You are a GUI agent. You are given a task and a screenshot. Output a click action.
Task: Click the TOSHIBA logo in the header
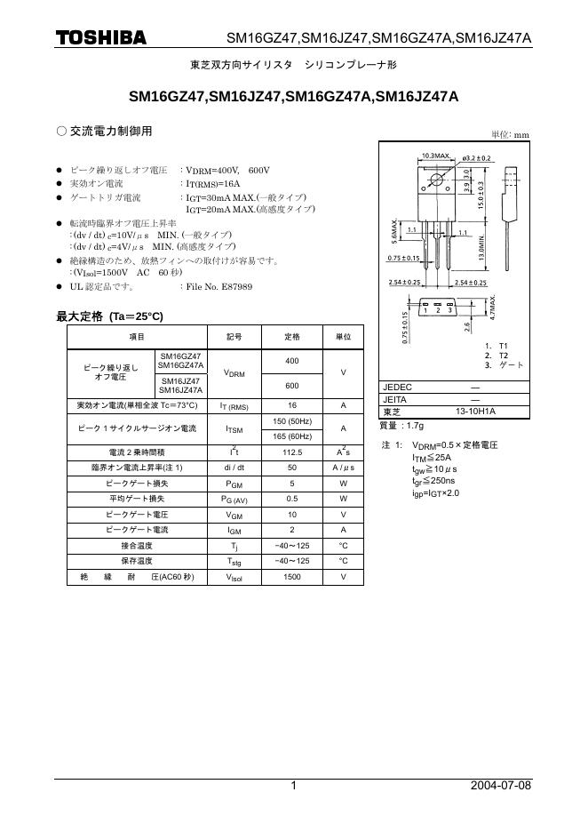point(101,37)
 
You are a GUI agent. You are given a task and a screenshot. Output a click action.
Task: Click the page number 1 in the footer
point(293,786)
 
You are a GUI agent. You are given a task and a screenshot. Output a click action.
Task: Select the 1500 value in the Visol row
point(292,577)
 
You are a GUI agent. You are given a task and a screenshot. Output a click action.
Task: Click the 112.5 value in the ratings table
point(292,452)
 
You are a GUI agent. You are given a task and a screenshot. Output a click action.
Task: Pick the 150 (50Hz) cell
point(292,420)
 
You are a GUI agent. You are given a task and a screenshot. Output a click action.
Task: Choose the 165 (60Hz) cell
point(292,436)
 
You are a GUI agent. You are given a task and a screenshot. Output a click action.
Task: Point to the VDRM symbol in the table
point(234,373)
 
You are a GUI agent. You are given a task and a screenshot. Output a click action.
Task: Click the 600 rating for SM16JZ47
point(292,386)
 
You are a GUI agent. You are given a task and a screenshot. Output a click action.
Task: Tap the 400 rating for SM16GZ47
point(292,361)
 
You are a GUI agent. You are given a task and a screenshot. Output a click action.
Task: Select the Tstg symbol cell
point(234,562)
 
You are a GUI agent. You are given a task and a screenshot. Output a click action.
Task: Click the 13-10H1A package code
point(476,412)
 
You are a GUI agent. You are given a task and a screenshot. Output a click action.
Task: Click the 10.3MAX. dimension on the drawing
point(435,156)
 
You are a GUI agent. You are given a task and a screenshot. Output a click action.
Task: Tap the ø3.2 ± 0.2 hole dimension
point(477,157)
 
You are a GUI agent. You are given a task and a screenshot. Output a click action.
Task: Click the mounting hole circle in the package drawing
point(436,181)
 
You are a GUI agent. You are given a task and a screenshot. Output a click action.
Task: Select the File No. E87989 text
point(218,287)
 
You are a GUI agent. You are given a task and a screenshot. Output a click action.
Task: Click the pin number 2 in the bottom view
point(438,310)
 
